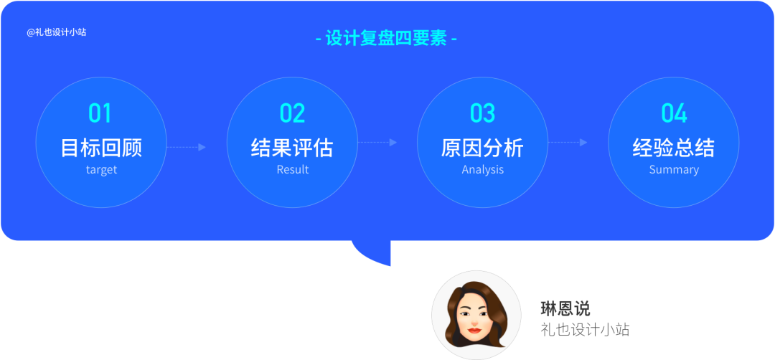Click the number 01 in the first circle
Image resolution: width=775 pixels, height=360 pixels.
pyautogui.click(x=100, y=113)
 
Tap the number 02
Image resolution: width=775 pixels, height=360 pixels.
pyautogui.click(x=292, y=113)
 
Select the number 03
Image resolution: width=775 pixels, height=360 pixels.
pyautogui.click(x=482, y=113)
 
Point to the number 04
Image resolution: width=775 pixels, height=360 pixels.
pyautogui.click(x=674, y=113)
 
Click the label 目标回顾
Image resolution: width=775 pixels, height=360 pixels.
pyautogui.click(x=101, y=148)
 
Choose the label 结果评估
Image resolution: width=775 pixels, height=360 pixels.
pyautogui.click(x=292, y=148)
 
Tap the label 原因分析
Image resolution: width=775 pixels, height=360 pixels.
pyautogui.click(x=482, y=148)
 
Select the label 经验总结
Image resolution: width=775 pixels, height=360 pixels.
pyautogui.click(x=674, y=148)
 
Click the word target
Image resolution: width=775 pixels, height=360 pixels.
pyautogui.click(x=101, y=170)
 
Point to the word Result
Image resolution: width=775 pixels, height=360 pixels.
pyautogui.click(x=292, y=170)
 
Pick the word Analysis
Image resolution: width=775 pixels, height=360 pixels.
pyautogui.click(x=482, y=170)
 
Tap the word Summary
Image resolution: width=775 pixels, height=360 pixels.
pyautogui.click(x=674, y=170)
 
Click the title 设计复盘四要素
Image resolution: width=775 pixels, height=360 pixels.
pyautogui.click(x=387, y=38)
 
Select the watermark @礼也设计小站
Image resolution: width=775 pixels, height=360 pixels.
pyautogui.click(x=57, y=32)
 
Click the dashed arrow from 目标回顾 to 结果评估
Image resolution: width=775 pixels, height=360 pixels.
pyautogui.click(x=187, y=147)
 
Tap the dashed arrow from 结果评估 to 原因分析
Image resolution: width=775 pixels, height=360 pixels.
pyautogui.click(x=377, y=143)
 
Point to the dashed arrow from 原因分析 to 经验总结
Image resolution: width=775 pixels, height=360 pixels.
pyautogui.click(x=568, y=143)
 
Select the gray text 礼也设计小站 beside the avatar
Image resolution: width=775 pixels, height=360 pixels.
pyautogui.click(x=585, y=330)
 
